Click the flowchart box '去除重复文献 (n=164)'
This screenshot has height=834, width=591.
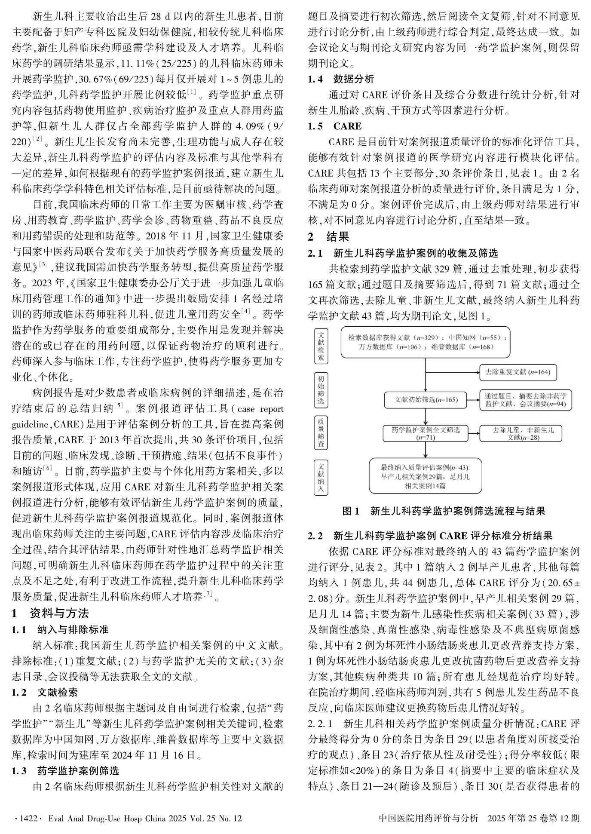point(518,372)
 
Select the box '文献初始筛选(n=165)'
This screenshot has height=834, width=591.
point(426,400)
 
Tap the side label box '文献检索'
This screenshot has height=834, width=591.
point(321,346)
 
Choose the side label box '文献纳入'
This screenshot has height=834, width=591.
point(321,477)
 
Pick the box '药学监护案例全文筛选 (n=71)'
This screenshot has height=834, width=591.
point(426,433)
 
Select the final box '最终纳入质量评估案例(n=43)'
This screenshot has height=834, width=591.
point(425,476)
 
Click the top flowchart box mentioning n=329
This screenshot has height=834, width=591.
point(426,342)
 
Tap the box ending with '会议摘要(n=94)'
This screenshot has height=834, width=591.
point(525,400)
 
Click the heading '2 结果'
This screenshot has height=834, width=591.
point(328,236)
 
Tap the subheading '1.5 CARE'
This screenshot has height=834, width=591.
point(335,126)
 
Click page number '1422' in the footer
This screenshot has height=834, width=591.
point(27,818)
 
